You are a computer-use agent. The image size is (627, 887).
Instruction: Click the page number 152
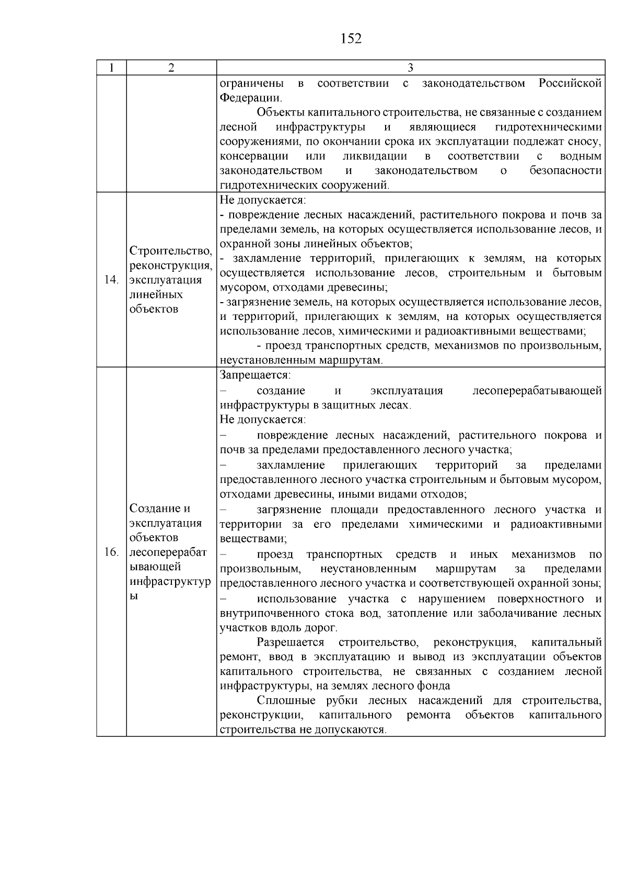coord(351,39)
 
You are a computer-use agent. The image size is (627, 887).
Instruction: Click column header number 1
coord(111,68)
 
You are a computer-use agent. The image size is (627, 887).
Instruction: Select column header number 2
coord(171,68)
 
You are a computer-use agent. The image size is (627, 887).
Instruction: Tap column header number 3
coord(410,68)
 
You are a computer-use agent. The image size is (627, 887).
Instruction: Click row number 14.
coord(111,280)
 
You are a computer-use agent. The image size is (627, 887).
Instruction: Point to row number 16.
coord(111,552)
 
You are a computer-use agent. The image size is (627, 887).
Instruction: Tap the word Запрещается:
coord(255,375)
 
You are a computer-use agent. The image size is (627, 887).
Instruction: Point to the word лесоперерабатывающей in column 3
coord(537,391)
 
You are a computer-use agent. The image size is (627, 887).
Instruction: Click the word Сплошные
coord(286,700)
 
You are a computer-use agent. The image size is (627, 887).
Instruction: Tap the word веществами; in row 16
coord(253,538)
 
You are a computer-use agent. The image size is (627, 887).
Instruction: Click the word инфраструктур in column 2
coord(171,582)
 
